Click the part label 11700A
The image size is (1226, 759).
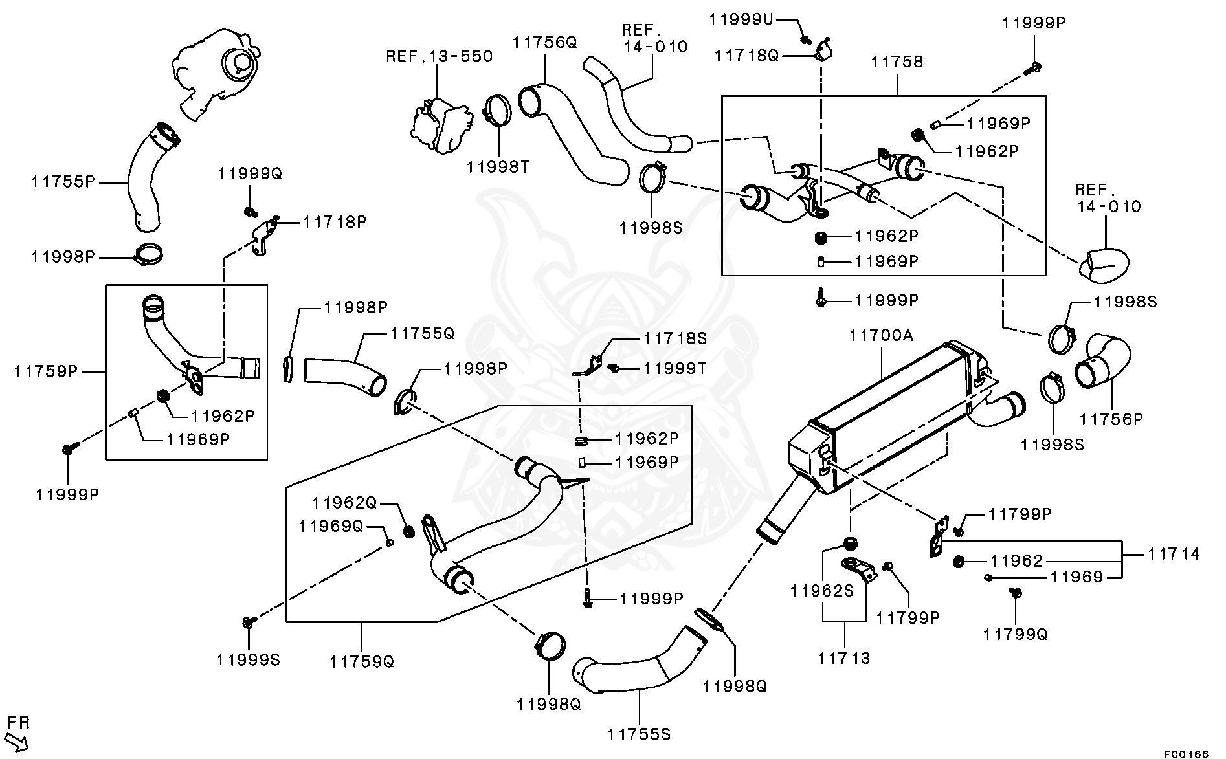tap(881, 335)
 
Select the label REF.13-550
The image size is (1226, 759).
tap(440, 56)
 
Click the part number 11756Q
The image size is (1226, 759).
tap(544, 43)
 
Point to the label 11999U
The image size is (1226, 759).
tap(741, 19)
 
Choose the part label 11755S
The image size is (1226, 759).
tap(639, 734)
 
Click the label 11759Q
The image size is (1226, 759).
tap(361, 661)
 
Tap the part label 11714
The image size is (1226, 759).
tap(1174, 554)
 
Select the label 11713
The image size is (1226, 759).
tap(844, 658)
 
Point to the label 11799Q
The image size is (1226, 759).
tap(1015, 635)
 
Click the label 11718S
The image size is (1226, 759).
tap(675, 338)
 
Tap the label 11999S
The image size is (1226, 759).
tap(249, 659)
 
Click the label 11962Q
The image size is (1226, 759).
tap(344, 503)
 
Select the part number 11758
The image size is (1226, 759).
tap(897, 62)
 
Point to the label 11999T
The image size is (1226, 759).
tap(674, 369)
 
